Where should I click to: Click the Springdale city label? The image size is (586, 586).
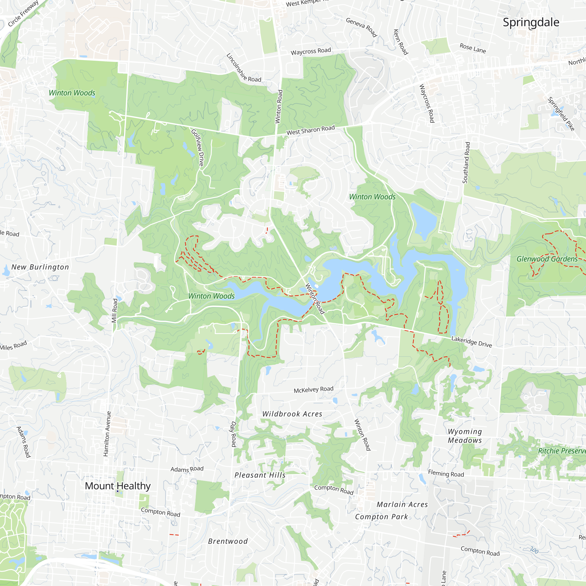point(531,23)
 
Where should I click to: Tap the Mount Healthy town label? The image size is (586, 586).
point(118,486)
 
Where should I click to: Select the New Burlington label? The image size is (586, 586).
point(40,267)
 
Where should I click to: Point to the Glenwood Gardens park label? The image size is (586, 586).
point(547,259)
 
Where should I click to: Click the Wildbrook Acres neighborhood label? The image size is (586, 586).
point(292,414)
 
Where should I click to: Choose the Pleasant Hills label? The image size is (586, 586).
point(260,475)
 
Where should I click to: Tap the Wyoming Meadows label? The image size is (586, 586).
point(465,436)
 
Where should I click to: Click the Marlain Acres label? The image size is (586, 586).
point(402,505)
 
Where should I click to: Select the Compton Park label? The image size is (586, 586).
point(381,517)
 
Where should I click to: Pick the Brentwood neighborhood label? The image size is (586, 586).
point(228,541)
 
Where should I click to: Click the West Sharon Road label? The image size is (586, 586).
point(311,130)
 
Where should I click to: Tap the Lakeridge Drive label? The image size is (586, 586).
point(471,342)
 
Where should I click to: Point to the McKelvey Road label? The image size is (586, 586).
point(313,389)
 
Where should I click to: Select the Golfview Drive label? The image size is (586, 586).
point(197,147)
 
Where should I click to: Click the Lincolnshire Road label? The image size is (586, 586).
point(243,68)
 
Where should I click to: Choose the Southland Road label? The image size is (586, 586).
point(466,163)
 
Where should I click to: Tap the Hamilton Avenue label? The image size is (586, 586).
point(107,434)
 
